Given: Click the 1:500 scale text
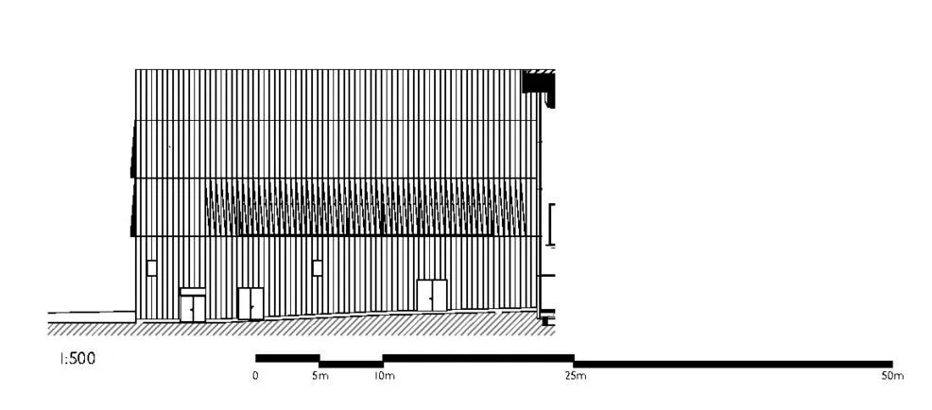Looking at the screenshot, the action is pyautogui.click(x=78, y=359).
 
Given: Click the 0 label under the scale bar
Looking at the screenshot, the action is pyautogui.click(x=256, y=376).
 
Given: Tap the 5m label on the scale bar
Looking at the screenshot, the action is pyautogui.click(x=320, y=376).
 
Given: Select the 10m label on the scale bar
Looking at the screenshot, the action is pyautogui.click(x=384, y=376).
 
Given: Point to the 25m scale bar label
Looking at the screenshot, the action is pyautogui.click(x=575, y=376).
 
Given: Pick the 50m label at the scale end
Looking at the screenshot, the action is pyautogui.click(x=891, y=376).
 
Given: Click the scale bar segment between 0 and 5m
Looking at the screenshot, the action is pyautogui.click(x=287, y=358).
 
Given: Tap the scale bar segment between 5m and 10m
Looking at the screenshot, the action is pyautogui.click(x=351, y=364).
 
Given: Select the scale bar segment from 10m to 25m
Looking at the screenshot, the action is pyautogui.click(x=478, y=358).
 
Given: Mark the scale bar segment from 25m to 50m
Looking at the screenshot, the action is pyautogui.click(x=733, y=364).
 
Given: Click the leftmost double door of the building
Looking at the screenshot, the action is pyautogui.click(x=193, y=308).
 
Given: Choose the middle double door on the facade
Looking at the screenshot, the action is pyautogui.click(x=250, y=303).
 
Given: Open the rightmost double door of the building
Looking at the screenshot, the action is pyautogui.click(x=432, y=295).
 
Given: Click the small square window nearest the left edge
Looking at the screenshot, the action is pyautogui.click(x=151, y=267).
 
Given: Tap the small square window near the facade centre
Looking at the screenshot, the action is pyautogui.click(x=318, y=267).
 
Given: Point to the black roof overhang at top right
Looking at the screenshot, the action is pyautogui.click(x=539, y=82).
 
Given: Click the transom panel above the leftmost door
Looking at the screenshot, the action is pyautogui.click(x=193, y=292).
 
